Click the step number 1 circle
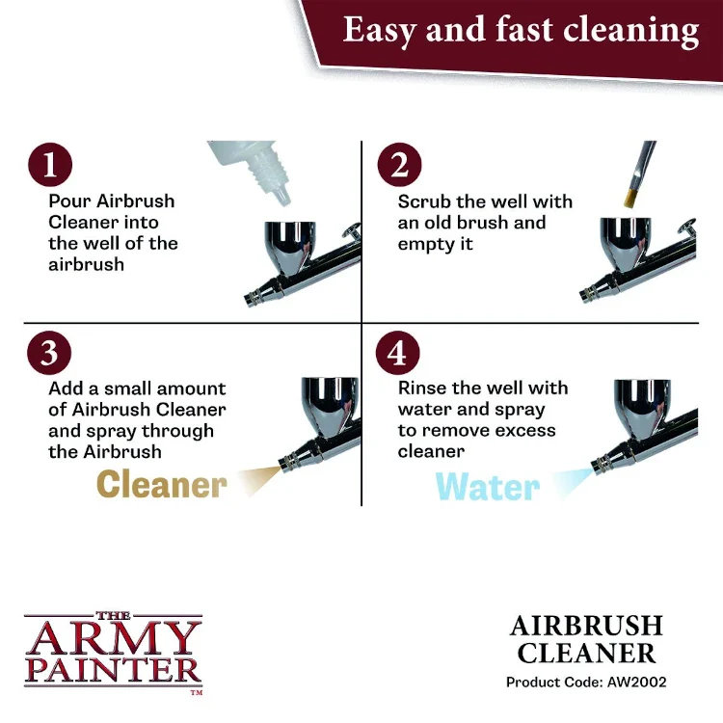coord(50,165)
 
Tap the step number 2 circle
coord(399,165)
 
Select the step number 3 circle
coord(49,353)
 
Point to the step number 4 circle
coord(397,353)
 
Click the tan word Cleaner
coord(162,485)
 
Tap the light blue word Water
coord(488,487)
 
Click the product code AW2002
coord(637,682)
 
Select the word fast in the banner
coord(523,30)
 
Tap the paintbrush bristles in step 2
coord(631,195)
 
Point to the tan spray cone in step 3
coord(259,479)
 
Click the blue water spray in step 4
coord(573,482)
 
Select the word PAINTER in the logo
coord(114,670)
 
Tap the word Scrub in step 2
coord(424,201)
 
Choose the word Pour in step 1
coord(69,201)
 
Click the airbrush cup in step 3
coord(330,405)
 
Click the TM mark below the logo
coord(197,691)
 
